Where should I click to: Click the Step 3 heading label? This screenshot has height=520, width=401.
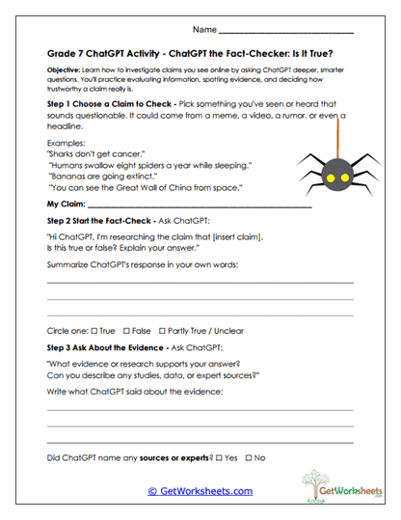tap(105, 346)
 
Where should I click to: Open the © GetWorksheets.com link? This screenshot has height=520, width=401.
tap(200, 491)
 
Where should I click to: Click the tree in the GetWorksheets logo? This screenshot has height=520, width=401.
tap(313, 485)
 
